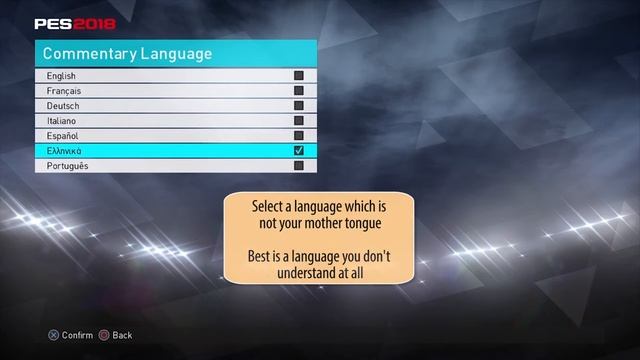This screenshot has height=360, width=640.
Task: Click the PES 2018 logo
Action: (75, 23)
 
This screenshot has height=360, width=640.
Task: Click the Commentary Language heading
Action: (127, 53)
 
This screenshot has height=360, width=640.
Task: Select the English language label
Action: (61, 76)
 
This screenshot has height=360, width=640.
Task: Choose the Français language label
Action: (63, 91)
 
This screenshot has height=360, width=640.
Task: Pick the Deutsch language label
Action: (63, 106)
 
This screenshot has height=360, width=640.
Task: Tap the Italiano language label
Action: (62, 121)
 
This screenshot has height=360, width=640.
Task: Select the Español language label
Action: (62, 136)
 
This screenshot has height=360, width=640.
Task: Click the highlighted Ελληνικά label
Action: (64, 151)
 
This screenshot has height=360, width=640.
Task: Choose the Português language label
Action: (67, 166)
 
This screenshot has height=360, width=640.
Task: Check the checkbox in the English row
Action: (298, 76)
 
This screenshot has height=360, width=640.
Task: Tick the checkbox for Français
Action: (298, 91)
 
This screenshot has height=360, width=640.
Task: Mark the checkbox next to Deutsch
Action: (298, 106)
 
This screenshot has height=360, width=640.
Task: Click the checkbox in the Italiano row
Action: (298, 121)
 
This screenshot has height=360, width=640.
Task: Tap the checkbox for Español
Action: (298, 136)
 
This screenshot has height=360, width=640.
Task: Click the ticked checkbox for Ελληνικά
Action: (298, 151)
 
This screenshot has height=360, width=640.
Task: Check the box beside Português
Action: (298, 166)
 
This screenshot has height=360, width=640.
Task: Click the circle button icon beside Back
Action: (104, 335)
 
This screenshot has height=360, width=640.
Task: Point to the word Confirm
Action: (77, 335)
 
